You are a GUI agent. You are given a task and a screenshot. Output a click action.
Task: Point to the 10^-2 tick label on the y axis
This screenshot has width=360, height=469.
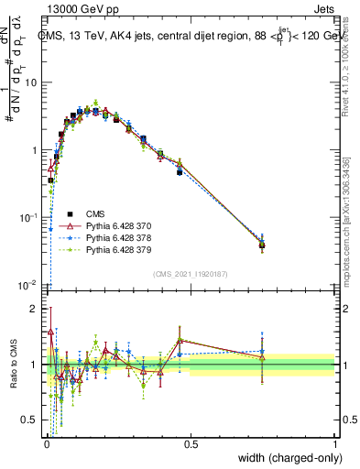click(28, 285)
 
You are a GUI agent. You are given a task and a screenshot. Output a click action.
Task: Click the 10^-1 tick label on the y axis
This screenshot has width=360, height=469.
click(28, 217)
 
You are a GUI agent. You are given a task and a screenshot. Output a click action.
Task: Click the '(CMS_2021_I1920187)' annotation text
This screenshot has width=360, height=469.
click(191, 273)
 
